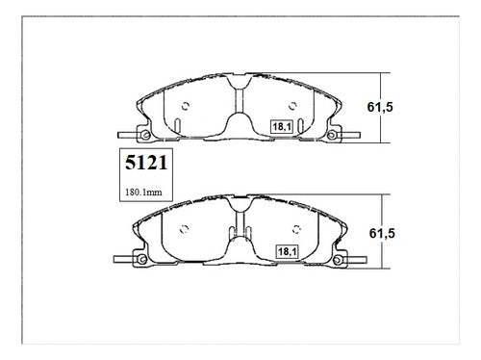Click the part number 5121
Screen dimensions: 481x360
pos(146,163)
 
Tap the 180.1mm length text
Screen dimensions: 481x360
pos(143,193)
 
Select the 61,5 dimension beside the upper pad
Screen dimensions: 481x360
pos(380,107)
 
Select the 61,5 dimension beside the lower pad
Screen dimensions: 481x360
pos(382,233)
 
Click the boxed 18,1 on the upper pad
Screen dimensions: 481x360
pos(282,127)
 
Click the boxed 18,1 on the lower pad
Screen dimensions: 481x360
pos(288,251)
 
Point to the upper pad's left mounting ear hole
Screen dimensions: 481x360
pos(146,135)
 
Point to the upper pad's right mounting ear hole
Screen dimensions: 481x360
pos(332,135)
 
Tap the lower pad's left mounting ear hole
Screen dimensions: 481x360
pos(142,259)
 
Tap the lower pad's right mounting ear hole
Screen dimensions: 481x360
pos(338,260)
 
